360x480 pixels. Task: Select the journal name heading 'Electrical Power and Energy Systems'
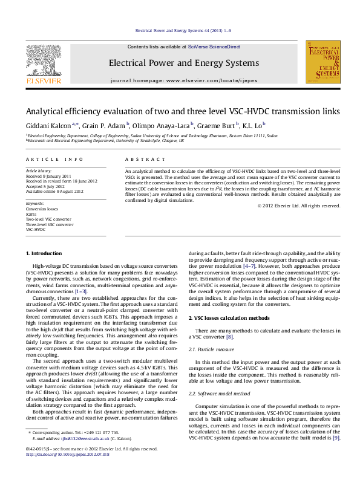coord(183,63)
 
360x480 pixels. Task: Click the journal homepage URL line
coord(183,80)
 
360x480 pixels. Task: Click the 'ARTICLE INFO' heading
coord(54,159)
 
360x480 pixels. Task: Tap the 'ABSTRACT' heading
coord(145,159)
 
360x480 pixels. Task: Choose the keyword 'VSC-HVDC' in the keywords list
coord(36,230)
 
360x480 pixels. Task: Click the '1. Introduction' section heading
coord(46,253)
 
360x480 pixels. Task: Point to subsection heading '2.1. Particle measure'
coord(212,349)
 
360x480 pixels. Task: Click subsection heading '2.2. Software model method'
coord(219,393)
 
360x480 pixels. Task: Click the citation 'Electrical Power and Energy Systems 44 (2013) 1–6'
coord(183,30)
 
